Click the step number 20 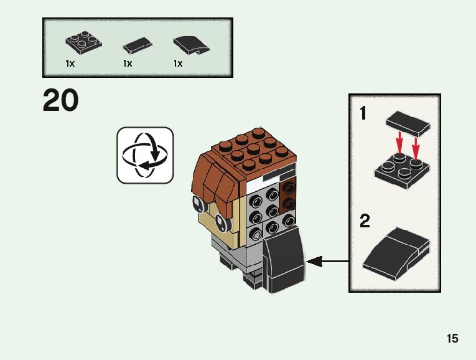[61, 100]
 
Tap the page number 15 [452, 338]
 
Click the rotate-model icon [145, 155]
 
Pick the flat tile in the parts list [138, 45]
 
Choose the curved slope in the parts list [191, 45]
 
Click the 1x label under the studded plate [70, 64]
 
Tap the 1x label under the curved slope [178, 64]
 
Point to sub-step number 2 [365, 221]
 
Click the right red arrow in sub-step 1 [416, 148]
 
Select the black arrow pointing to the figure [327, 261]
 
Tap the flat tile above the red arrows [408, 123]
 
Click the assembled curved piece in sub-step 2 [396, 253]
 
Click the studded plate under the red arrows [402, 172]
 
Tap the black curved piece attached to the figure [283, 260]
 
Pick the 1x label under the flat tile [128, 64]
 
